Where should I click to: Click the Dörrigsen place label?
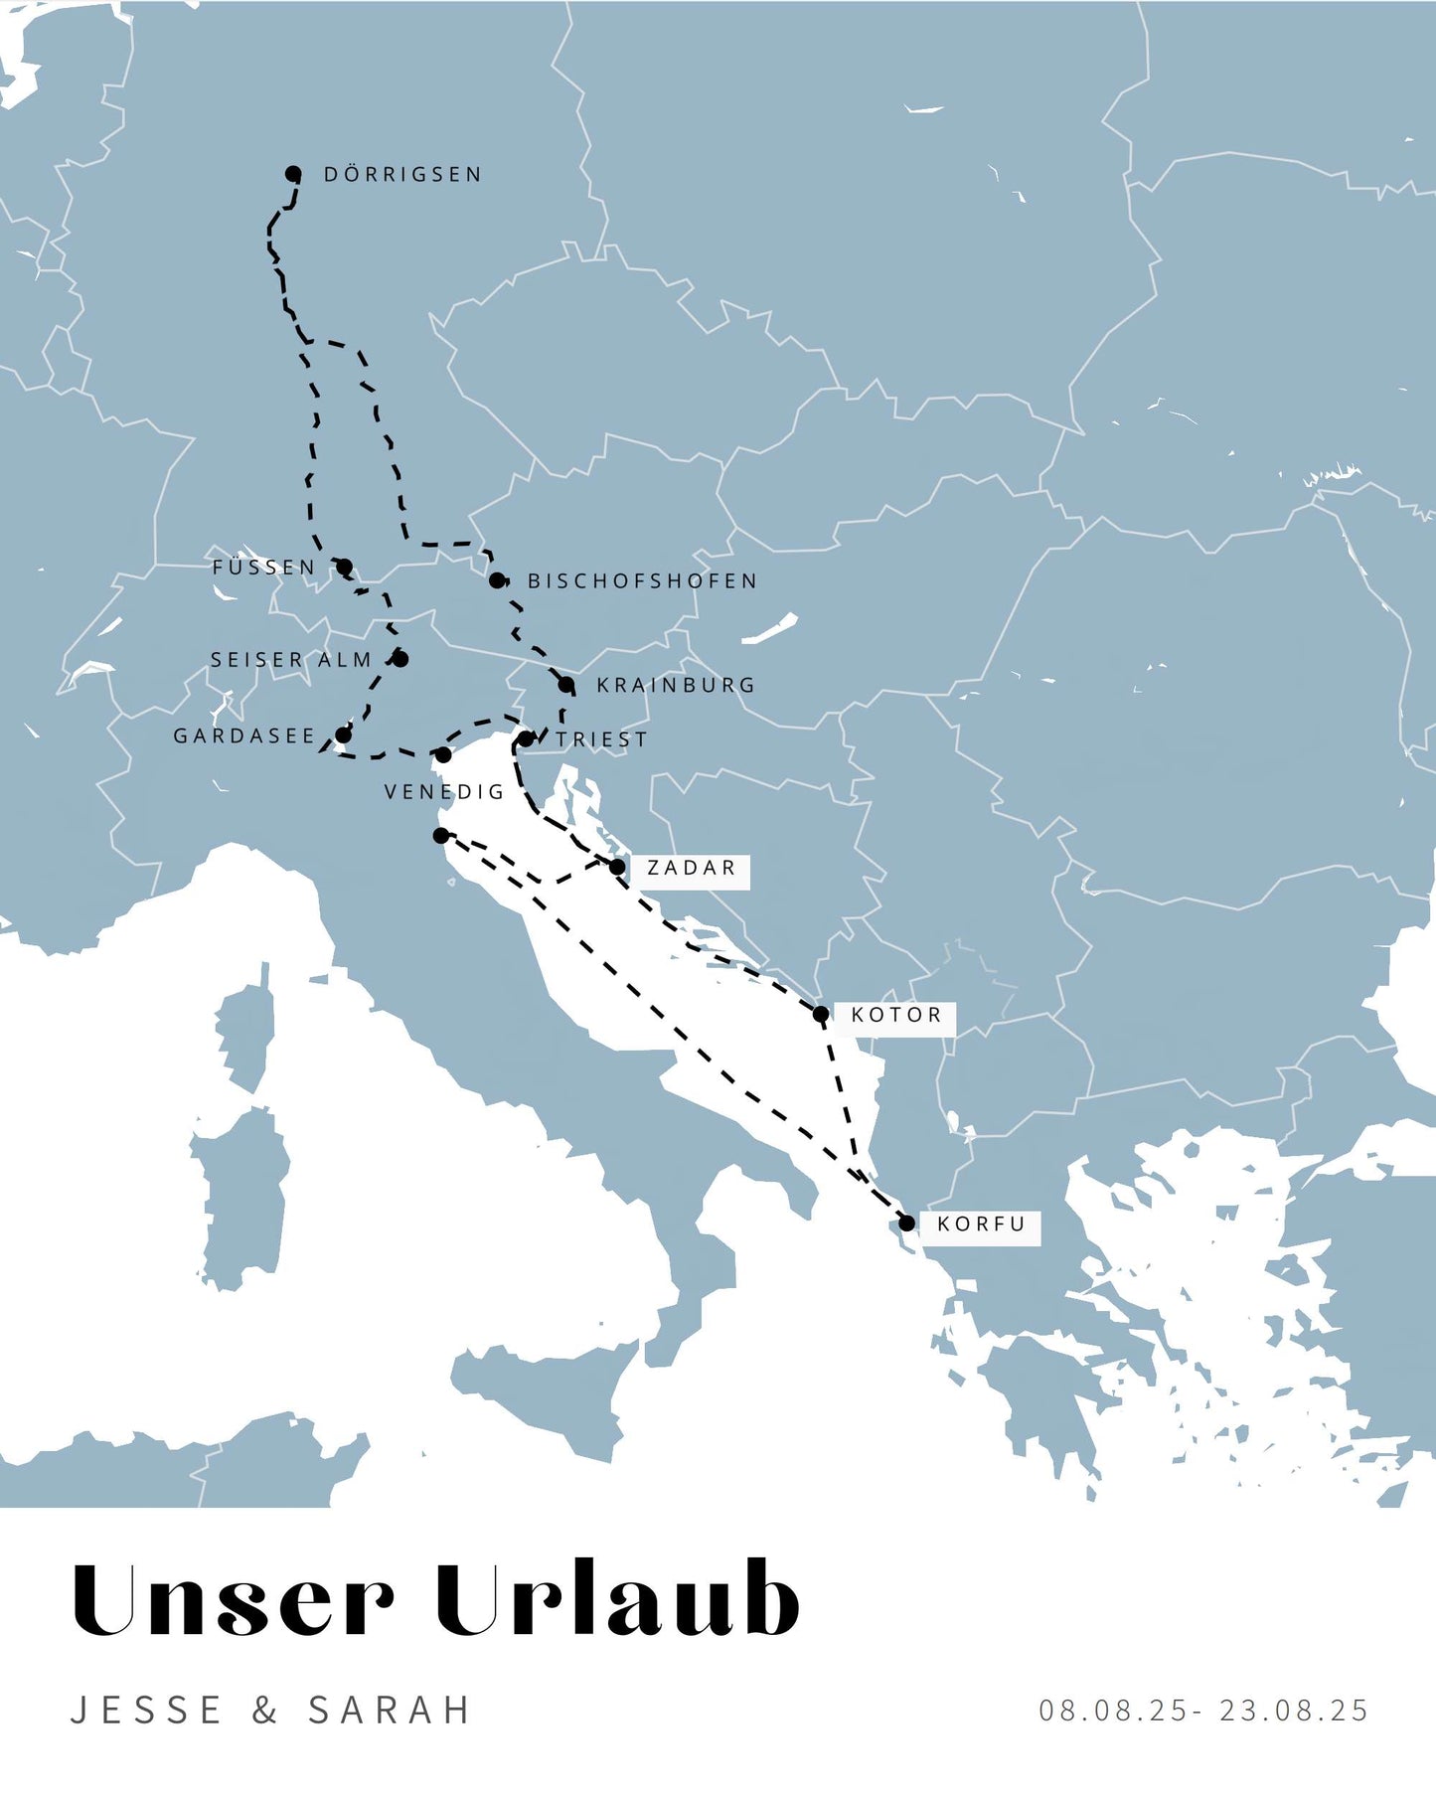pos(402,175)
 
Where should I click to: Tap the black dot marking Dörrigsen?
pos(293,174)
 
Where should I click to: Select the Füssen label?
pos(263,568)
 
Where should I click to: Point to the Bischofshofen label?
pos(642,581)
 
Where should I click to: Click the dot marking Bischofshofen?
pos(497,579)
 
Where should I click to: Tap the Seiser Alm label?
pos(291,660)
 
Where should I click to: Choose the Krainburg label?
pos(676,686)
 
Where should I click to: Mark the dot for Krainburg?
pos(565,685)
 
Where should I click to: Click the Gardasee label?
pos(243,736)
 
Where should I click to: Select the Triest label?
pos(601,740)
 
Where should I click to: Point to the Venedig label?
pos(444,792)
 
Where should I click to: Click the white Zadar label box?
pos(692,869)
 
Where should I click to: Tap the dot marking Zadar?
pos(617,868)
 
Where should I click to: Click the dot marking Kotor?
pos(821,1014)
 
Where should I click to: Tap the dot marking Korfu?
pos(906,1223)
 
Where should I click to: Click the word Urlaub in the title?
pos(617,1600)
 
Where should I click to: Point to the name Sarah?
pos(390,1711)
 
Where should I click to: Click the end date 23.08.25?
pos(1294,1711)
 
